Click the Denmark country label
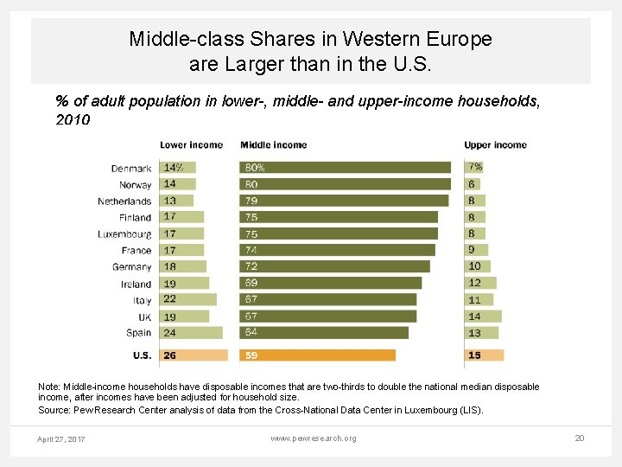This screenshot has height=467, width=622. pos(131,168)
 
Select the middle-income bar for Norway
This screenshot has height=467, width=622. pos(345,184)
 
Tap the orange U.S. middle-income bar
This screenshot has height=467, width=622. pos(317,355)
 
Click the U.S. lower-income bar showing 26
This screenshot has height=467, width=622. pos(194,355)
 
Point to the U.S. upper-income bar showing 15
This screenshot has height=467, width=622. pos(484,355)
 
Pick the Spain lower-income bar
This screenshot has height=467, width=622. pos(191,333)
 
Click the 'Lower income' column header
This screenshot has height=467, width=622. pos(191,144)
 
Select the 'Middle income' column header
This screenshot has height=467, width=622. pos(273,144)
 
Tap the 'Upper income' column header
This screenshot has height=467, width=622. pos(495,144)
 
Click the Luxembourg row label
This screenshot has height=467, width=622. pos(124,233)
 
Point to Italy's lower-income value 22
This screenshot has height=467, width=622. pos(170,299)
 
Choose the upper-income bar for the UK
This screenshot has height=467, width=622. pos(483,317)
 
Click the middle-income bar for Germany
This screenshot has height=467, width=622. pos(334,266)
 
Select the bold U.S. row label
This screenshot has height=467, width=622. pos(142,355)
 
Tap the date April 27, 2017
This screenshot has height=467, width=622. pos(61,439)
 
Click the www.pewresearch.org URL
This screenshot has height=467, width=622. pos(313,438)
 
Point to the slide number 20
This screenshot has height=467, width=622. pos(580,438)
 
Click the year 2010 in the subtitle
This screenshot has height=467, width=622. pos(73,120)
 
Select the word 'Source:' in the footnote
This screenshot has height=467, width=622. pos(54,410)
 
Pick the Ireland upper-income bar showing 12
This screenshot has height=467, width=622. pos(480,283)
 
